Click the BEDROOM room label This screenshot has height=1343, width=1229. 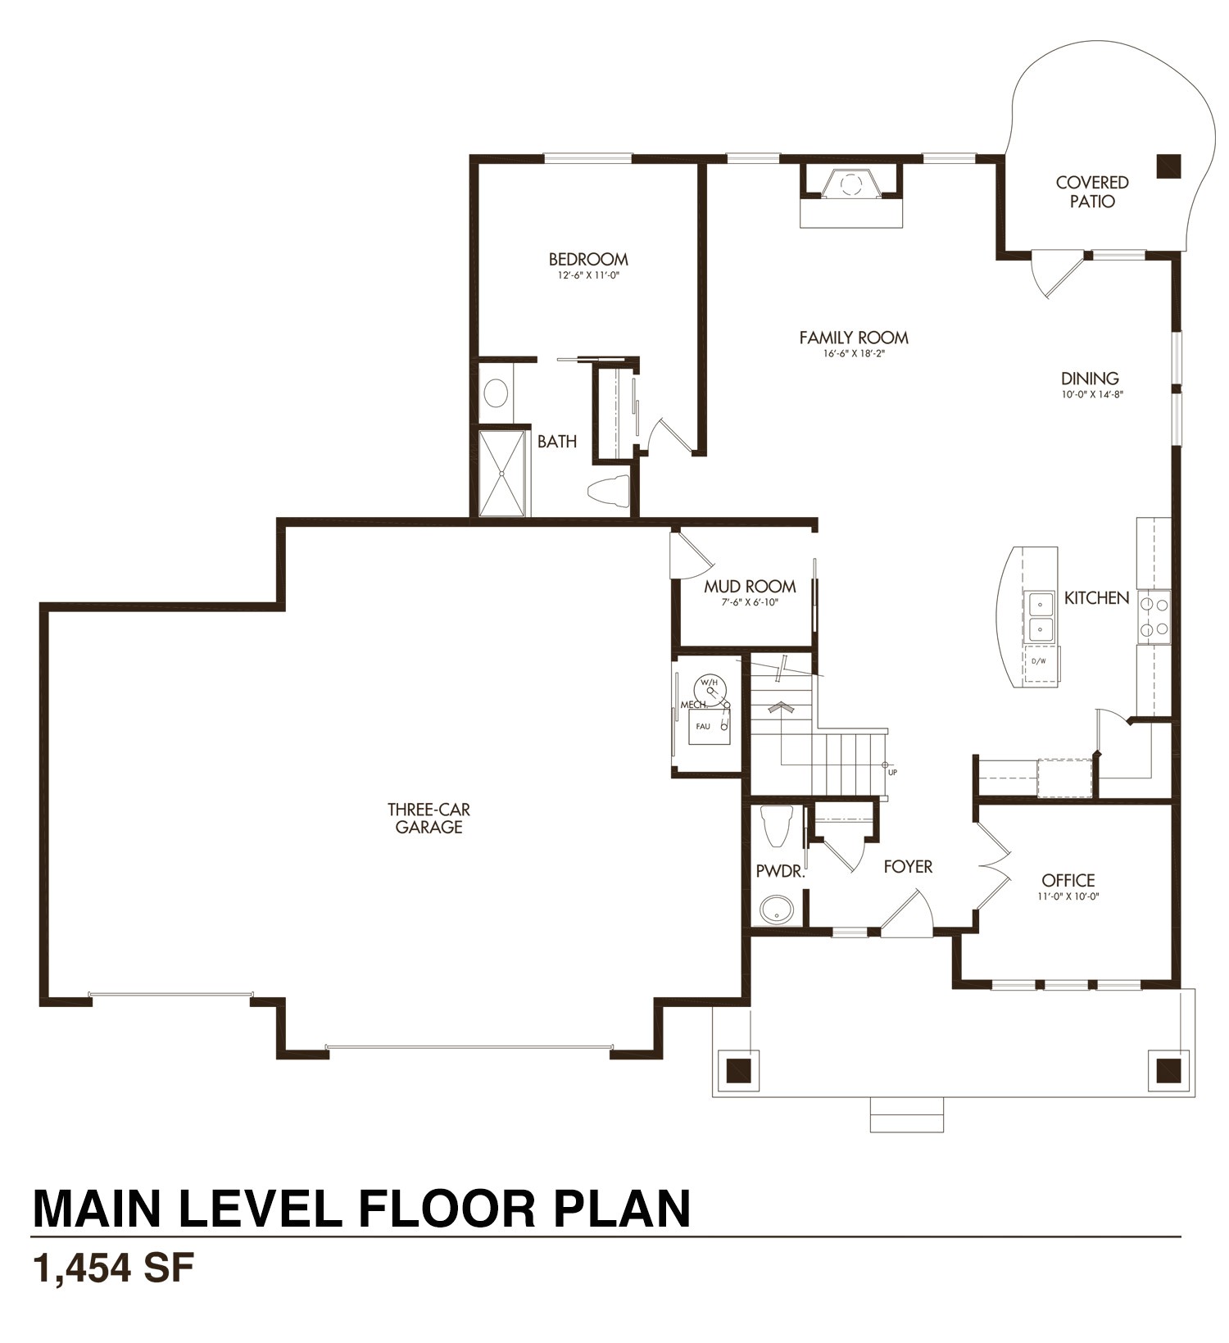[588, 259]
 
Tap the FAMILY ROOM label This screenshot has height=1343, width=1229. [854, 337]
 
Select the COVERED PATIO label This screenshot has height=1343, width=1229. [1092, 192]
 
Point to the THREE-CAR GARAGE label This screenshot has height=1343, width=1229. [429, 818]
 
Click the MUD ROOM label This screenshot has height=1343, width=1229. [750, 586]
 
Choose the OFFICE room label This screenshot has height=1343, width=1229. [1068, 880]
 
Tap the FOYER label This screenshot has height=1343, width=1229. [908, 866]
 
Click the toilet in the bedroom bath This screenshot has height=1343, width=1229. [608, 489]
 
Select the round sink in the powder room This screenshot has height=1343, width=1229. [776, 909]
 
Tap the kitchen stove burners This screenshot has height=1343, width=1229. [1154, 616]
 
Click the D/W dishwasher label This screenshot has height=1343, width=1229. [1039, 660]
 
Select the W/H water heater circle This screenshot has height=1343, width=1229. [710, 690]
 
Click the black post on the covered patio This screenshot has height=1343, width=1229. [1168, 166]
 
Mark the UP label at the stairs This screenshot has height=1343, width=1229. [892, 772]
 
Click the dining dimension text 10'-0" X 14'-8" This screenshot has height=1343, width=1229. [1091, 394]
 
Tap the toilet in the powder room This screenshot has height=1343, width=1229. [776, 825]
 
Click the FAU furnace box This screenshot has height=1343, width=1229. [709, 726]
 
